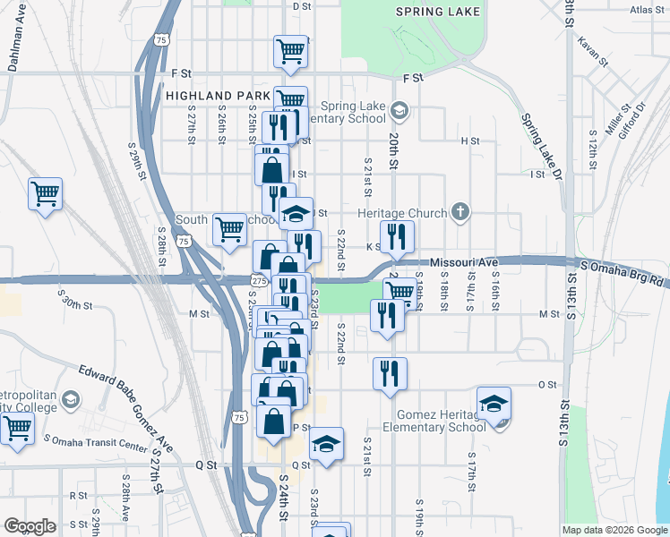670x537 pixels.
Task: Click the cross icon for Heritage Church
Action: tap(460, 212)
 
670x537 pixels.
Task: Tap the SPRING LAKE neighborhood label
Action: tap(439, 12)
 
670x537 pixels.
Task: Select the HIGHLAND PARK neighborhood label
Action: tap(218, 95)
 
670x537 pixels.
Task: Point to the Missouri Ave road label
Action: tap(463, 262)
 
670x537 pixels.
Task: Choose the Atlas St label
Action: tap(648, 11)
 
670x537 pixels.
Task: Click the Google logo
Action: tap(30, 526)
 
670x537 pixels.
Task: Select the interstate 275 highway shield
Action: tap(256, 281)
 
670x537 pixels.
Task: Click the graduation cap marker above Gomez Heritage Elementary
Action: tap(493, 404)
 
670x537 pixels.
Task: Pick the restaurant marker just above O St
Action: tap(390, 373)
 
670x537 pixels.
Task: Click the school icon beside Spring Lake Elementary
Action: tap(399, 112)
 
